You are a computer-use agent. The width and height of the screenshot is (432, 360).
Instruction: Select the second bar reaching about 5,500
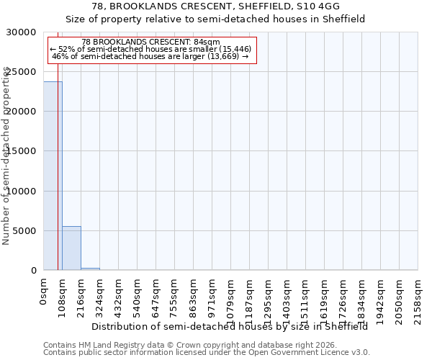click(x=71, y=248)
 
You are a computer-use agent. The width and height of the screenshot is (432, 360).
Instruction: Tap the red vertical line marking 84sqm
click(x=58, y=180)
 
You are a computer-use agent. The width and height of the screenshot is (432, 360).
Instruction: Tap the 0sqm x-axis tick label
click(x=44, y=292)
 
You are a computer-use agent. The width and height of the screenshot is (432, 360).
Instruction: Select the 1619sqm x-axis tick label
click(x=325, y=300)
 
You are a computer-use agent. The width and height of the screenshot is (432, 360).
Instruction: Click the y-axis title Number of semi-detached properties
click(x=6, y=156)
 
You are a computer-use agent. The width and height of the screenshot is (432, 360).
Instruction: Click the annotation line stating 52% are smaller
click(x=150, y=49)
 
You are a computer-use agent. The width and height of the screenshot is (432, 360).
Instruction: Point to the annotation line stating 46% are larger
click(x=150, y=56)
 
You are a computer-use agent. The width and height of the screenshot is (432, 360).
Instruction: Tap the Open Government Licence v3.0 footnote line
click(x=207, y=353)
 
